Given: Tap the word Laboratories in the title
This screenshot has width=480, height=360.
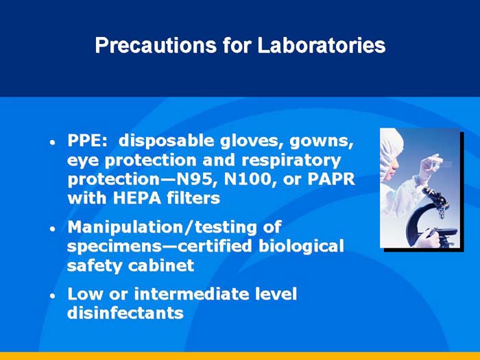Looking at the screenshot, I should coord(321,45).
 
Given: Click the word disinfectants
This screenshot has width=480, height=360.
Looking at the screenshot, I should coord(125,313).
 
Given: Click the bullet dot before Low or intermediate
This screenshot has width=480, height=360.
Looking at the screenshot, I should coord(52,297).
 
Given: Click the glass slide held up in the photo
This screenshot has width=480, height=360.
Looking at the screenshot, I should coord(439,162).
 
